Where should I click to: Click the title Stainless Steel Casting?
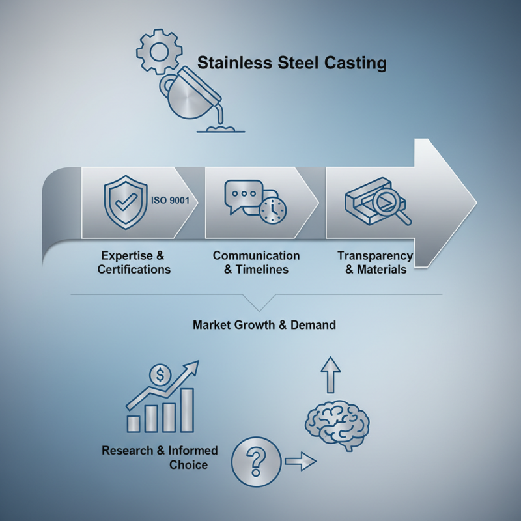[292, 63]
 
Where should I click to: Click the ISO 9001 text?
[170, 201]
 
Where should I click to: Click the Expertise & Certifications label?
[134, 262]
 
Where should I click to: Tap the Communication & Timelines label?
[256, 262]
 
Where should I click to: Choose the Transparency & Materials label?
[374, 262]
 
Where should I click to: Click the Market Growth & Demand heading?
[264, 324]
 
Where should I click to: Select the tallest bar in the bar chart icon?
[187, 410]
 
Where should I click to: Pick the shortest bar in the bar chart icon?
[134, 423]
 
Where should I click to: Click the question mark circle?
[255, 461]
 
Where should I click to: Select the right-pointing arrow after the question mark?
[300, 462]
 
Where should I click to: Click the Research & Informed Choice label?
[160, 457]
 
